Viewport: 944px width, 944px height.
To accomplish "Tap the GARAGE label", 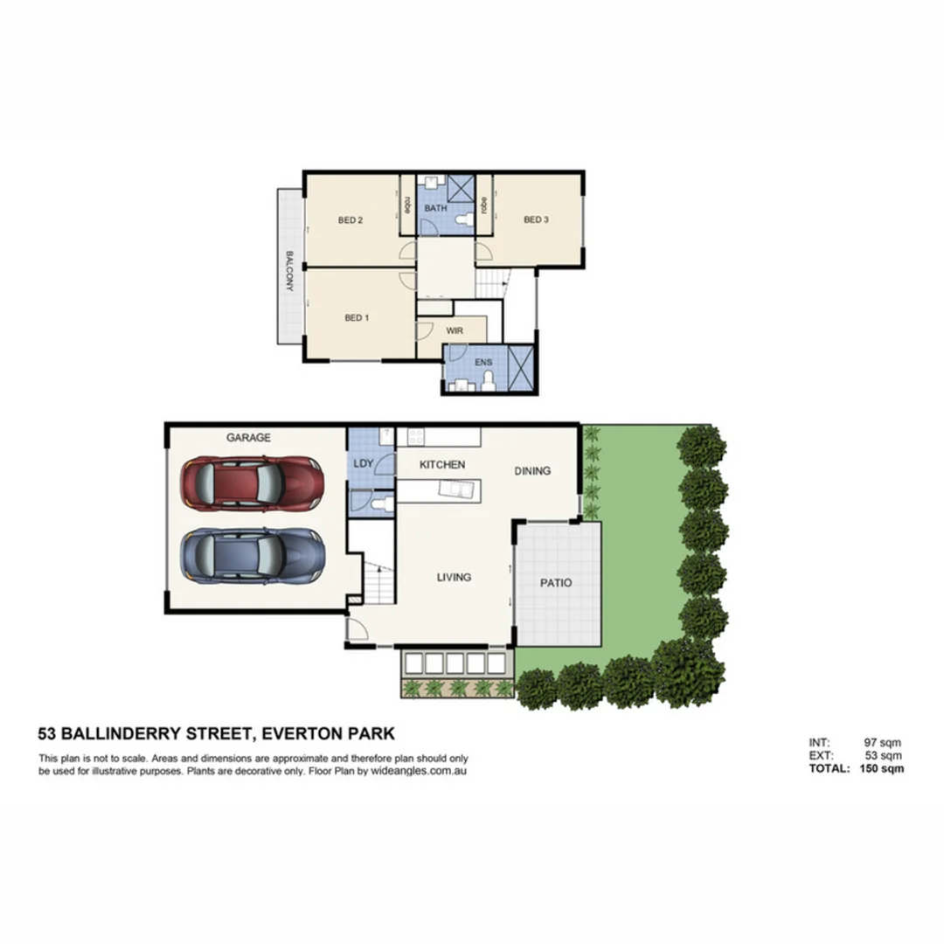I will point(248,438).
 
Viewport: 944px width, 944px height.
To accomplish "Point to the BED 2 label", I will point(350,220).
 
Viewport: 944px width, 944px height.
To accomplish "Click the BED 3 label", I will point(536,220).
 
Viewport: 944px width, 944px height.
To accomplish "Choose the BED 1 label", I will point(356,318).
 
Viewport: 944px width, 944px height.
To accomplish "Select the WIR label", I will point(455,331).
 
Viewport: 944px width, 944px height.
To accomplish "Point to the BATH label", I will point(435,209).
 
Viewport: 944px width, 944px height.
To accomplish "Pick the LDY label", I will point(364,463).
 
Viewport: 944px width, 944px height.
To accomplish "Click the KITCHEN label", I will point(442,465).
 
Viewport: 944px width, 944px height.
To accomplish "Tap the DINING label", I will point(532,470).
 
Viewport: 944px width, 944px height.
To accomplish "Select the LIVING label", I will point(455,577).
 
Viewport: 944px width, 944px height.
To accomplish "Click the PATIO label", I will point(556,583).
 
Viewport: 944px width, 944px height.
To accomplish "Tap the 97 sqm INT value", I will point(882,742).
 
